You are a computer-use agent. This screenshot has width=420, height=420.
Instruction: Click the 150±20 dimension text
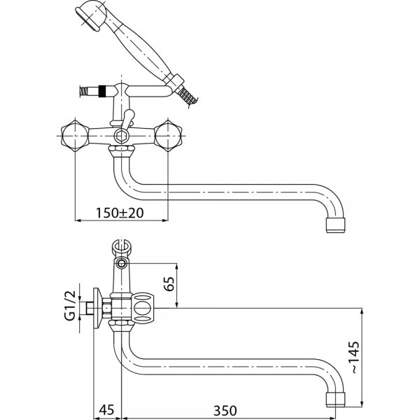click(x=120, y=213)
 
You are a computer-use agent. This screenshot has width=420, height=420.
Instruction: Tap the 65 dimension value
click(x=169, y=283)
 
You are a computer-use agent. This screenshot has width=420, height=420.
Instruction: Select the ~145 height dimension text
click(x=355, y=357)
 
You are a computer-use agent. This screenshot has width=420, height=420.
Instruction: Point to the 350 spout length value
click(x=225, y=411)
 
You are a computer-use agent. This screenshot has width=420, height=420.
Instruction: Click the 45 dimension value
click(x=106, y=409)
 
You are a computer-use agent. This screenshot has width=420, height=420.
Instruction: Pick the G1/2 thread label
click(x=70, y=306)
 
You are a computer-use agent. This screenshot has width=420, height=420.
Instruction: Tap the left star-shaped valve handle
click(x=75, y=136)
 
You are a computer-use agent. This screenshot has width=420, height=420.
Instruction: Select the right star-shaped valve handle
click(x=168, y=136)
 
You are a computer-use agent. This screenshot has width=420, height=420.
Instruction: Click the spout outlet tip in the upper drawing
click(x=335, y=225)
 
